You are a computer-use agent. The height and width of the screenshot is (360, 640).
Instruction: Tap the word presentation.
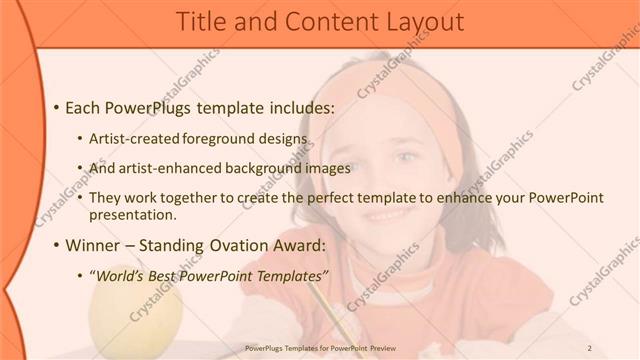[132, 214]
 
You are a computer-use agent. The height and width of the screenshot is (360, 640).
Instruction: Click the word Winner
[94, 245]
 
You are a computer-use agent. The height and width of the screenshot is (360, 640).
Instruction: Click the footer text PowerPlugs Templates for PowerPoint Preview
[320, 349]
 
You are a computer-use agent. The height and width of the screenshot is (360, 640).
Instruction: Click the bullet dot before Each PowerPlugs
[57, 107]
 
